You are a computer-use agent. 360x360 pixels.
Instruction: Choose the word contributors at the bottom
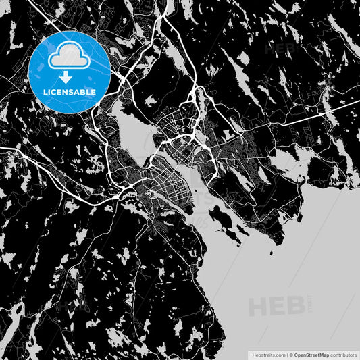tap(344, 354)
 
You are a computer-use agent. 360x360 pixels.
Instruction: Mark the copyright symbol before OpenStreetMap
tap(291, 354)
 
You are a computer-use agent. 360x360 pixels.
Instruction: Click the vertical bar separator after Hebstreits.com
tap(286, 354)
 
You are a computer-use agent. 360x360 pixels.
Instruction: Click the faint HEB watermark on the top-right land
tap(280, 48)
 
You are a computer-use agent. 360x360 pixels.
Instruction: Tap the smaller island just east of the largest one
tap(237, 234)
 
